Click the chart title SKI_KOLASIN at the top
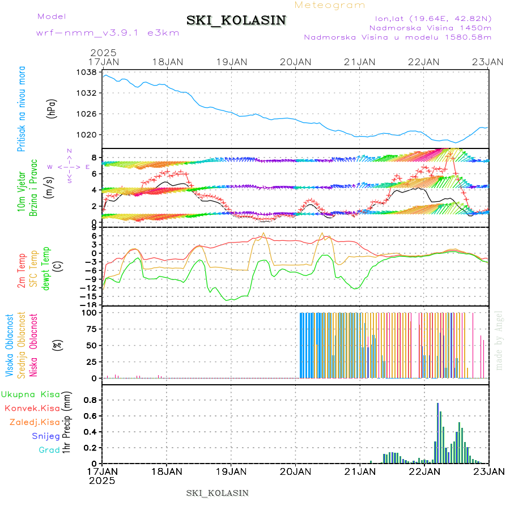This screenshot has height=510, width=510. coord(236,20)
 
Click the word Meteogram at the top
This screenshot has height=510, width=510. coord(330,5)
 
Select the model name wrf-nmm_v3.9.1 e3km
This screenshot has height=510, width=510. coord(108,32)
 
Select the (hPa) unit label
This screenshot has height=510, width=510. coord(52,108)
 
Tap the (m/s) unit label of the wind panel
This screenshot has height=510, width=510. coord(50,185)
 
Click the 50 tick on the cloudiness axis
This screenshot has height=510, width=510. coord(91,345)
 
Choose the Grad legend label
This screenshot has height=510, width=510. coord(49,449)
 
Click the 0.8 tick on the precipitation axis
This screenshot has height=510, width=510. coord(90,399)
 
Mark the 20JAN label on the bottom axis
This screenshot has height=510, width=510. coord(295,471)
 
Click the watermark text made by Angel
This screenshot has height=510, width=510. coord(499,340)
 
